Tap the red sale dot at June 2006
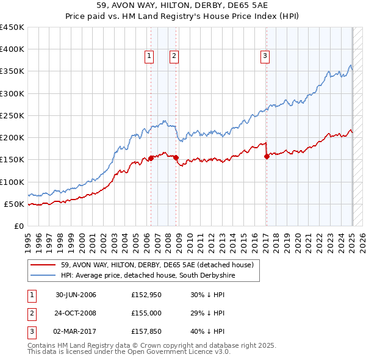151,159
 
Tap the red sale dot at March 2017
267,156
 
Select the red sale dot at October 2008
176,157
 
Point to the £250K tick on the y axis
12,115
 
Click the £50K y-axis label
14,204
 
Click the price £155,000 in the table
145,313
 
